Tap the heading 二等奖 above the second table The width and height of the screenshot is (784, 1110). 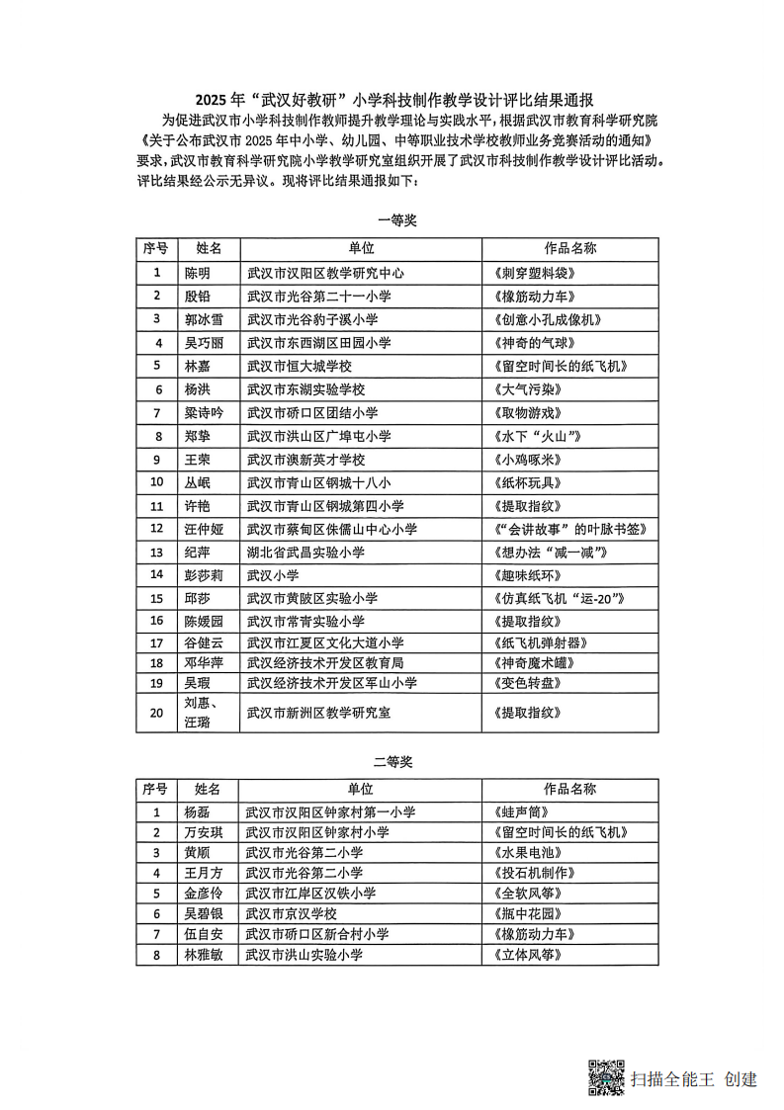(392, 761)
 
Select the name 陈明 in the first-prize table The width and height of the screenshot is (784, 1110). (198, 273)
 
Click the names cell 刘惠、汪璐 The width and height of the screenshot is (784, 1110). (203, 713)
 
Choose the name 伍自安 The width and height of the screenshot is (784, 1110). (204, 934)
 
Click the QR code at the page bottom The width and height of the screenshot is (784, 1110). (606, 1077)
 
